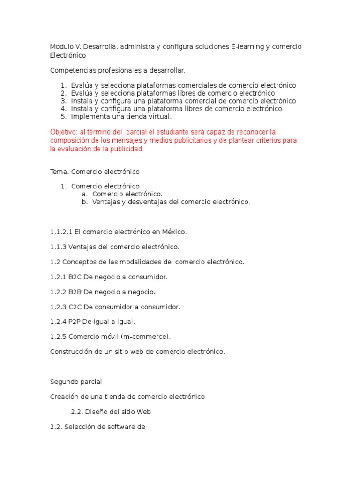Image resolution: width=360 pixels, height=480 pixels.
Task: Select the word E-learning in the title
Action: tap(248, 47)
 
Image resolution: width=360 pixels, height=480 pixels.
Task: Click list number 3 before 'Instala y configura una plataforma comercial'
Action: tap(64, 101)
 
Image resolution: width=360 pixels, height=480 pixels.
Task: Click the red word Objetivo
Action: tap(63, 132)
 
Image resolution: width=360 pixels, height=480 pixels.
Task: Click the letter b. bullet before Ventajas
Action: tap(84, 202)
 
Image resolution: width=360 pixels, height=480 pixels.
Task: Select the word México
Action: tap(174, 232)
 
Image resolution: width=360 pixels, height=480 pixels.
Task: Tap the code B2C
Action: tap(75, 277)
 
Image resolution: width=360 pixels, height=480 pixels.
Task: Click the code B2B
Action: tap(75, 292)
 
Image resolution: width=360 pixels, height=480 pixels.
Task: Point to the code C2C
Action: tap(75, 307)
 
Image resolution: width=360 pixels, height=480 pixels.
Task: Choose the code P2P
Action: tap(75, 322)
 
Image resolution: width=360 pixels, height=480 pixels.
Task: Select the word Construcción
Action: tap(71, 352)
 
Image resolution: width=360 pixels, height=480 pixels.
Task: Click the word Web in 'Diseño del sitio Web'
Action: tap(143, 412)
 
